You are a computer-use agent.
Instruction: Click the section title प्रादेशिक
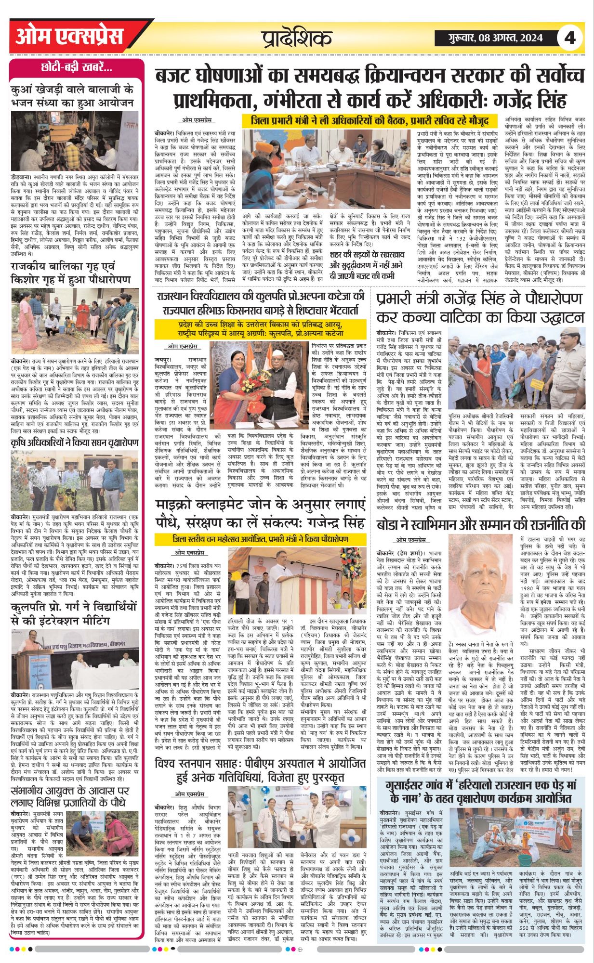(x=297, y=38)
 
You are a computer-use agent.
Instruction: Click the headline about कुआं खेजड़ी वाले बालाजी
(x=75, y=96)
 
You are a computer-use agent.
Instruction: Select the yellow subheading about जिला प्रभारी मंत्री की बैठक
(x=369, y=120)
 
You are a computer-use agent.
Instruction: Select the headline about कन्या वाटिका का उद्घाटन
(x=480, y=308)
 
